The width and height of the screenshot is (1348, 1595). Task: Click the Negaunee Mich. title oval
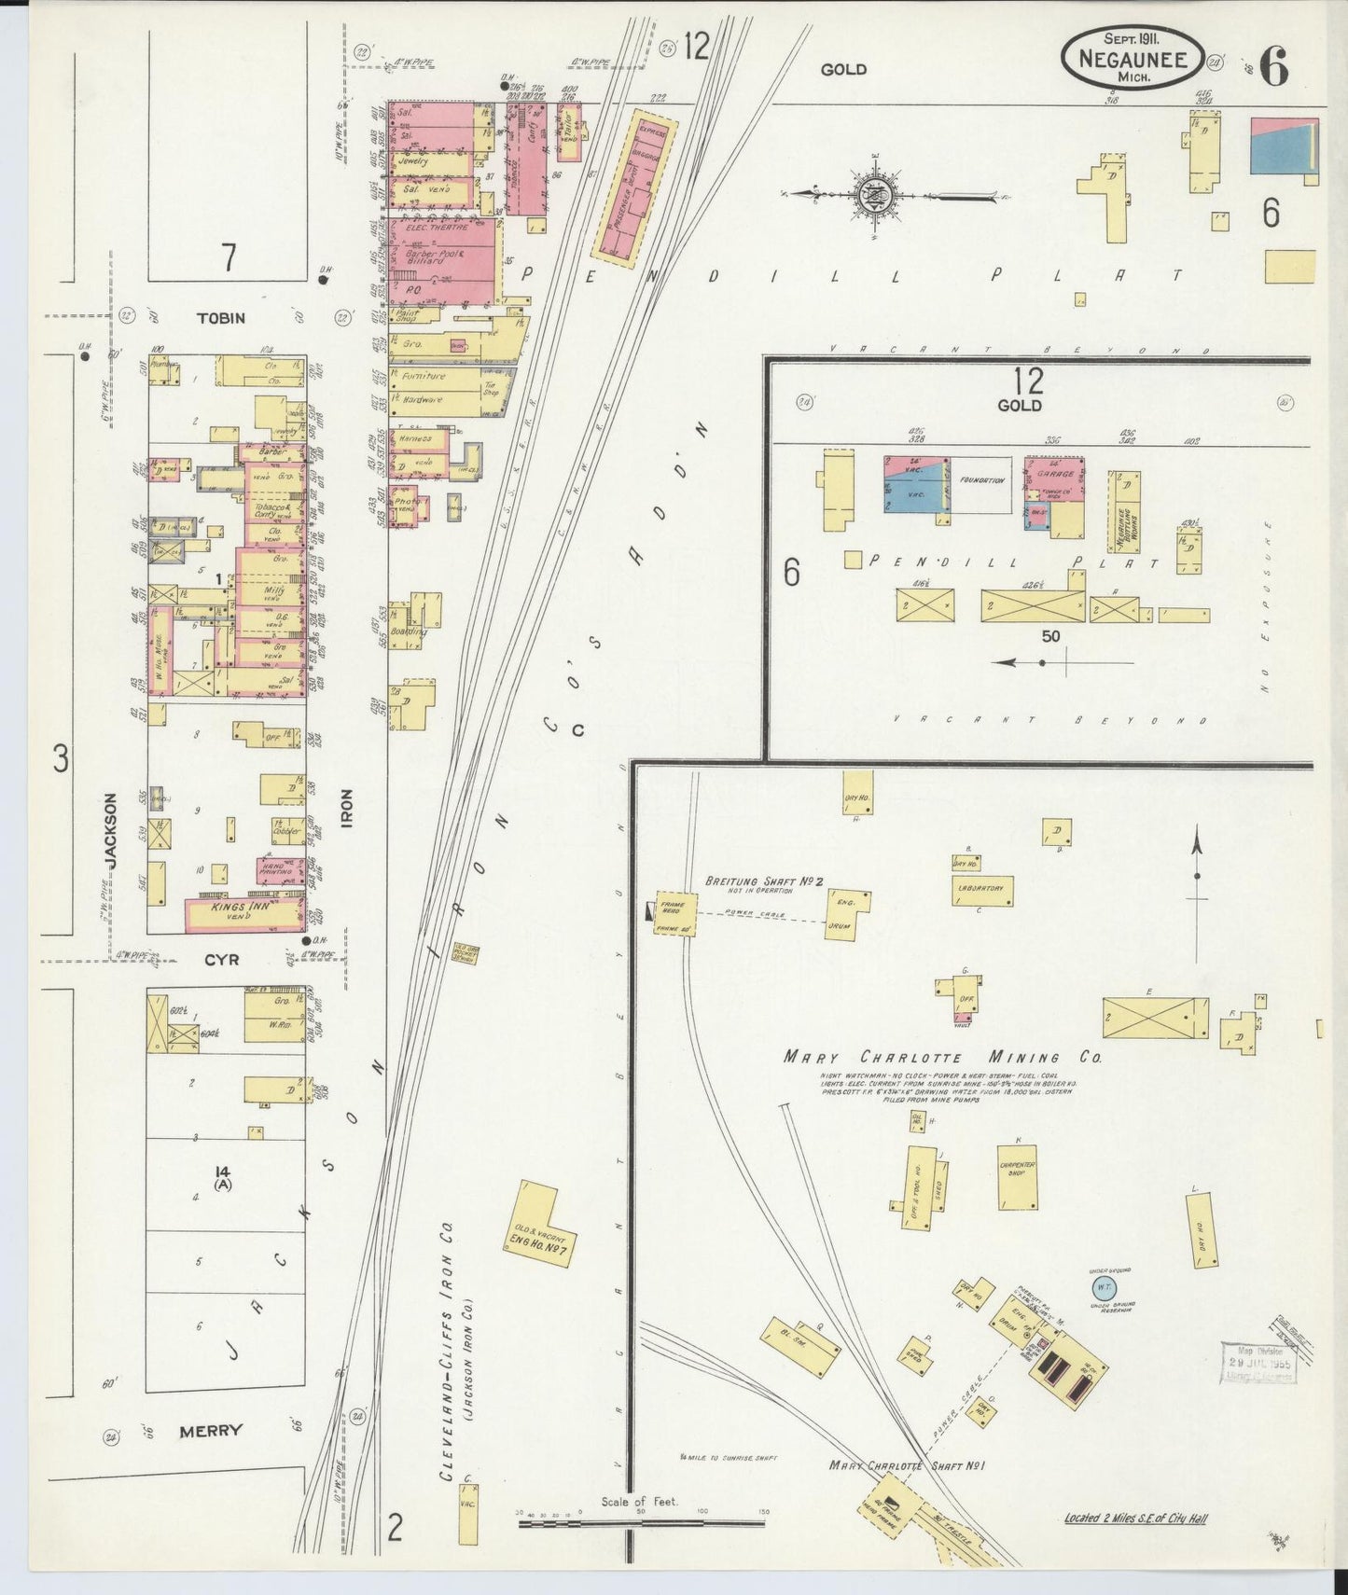click(1132, 56)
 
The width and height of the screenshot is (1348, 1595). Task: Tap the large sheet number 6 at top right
click(1275, 65)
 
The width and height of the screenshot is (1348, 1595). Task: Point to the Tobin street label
click(221, 318)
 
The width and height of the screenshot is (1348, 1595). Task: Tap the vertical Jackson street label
click(110, 831)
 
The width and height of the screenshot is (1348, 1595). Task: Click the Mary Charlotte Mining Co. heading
click(942, 1058)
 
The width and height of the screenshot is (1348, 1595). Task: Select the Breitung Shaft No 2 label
click(762, 881)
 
